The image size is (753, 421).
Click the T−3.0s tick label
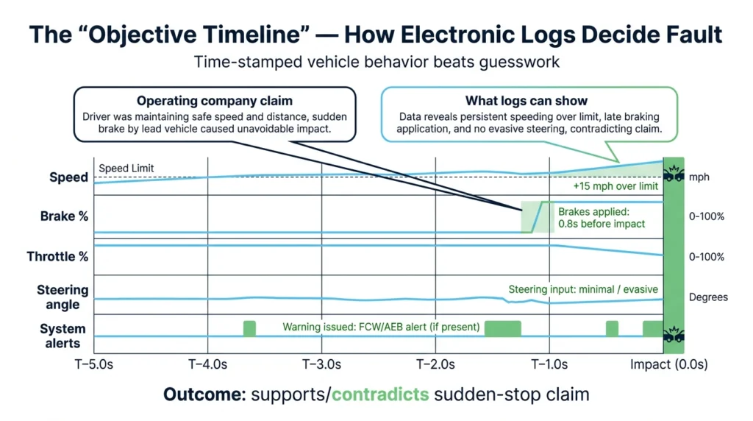tap(322, 364)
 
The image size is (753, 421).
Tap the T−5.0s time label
tap(95, 364)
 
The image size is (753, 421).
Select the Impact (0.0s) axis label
tap(668, 364)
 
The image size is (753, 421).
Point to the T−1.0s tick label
tap(550, 364)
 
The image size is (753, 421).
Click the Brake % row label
tap(64, 216)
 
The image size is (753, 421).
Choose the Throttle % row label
tap(57, 257)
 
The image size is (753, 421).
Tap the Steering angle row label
tap(63, 297)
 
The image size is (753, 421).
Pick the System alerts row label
tap(63, 336)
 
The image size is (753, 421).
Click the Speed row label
tap(68, 177)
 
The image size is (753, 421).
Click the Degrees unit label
tap(708, 297)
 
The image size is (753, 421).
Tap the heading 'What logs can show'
tap(527, 101)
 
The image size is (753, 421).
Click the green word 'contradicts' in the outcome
tap(380, 395)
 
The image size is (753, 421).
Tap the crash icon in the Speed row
tap(672, 175)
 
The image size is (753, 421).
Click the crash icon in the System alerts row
tap(672, 335)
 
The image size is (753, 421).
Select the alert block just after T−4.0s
tap(249, 328)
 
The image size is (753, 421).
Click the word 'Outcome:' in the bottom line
tap(204, 395)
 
